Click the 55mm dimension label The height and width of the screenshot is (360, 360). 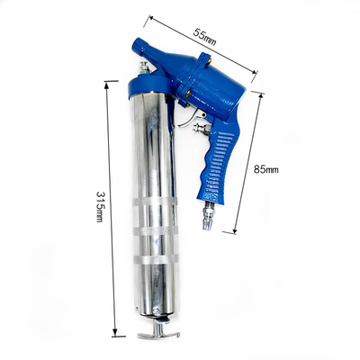pyautogui.click(x=204, y=37)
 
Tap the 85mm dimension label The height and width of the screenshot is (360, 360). pyautogui.click(x=266, y=169)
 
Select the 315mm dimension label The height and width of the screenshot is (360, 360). pyautogui.click(x=100, y=206)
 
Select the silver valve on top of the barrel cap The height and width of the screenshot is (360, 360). pyautogui.click(x=144, y=67)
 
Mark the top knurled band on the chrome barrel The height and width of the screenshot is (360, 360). pyautogui.click(x=155, y=201)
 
